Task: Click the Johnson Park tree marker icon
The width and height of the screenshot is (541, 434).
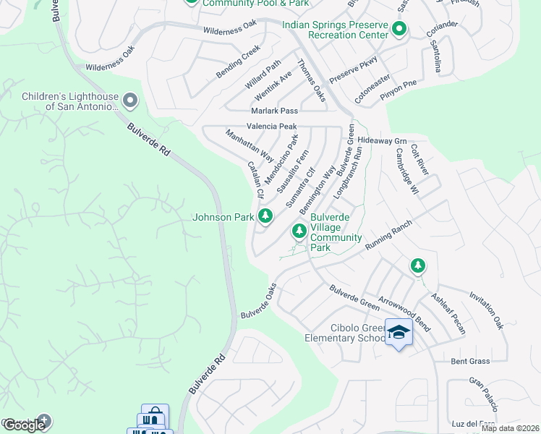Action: (x=265, y=216)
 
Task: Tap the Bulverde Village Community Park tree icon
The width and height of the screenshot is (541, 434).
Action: (x=298, y=231)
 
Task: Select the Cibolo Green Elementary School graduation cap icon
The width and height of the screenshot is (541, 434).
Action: (x=398, y=332)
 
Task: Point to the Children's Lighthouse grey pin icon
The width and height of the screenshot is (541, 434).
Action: (x=130, y=100)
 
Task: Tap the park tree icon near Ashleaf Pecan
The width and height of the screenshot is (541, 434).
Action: (x=417, y=266)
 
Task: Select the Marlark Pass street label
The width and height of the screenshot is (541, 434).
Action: (x=274, y=111)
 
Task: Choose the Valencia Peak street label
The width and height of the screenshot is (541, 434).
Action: (x=272, y=126)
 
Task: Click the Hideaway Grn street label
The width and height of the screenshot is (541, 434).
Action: (x=383, y=141)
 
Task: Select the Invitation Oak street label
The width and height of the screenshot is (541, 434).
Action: (x=486, y=310)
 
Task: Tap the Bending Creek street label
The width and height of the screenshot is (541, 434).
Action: (x=237, y=62)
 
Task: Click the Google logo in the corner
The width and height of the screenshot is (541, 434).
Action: (x=24, y=425)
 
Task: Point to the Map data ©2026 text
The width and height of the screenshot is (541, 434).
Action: (x=510, y=428)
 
